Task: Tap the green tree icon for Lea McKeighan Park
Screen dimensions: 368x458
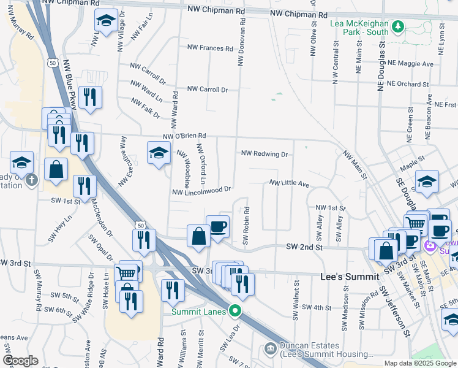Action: (399, 26)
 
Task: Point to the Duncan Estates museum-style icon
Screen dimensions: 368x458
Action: (269, 349)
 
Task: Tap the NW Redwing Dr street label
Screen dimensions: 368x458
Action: (265, 154)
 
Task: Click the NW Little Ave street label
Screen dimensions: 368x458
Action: (290, 183)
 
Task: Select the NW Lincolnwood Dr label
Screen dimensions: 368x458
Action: (202, 192)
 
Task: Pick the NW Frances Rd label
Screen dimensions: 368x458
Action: (210, 48)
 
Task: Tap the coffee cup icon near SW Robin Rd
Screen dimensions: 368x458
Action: (218, 227)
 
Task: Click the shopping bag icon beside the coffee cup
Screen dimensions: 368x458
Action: (198, 237)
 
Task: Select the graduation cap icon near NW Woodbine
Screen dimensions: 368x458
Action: (159, 153)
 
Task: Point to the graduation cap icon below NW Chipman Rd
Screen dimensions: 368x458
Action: (106, 21)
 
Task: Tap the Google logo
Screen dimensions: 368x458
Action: (20, 361)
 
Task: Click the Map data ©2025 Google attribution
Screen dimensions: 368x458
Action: (420, 363)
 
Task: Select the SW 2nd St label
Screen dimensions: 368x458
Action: (304, 247)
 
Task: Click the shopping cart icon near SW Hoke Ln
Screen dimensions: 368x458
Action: (126, 274)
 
